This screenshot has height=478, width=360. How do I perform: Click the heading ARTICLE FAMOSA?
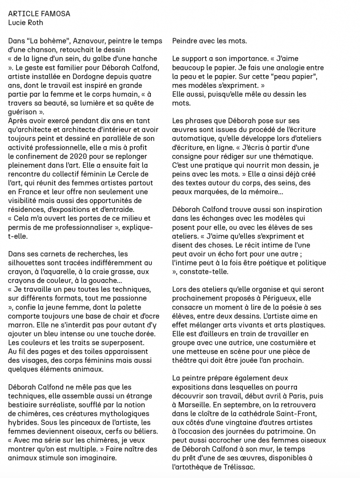[39, 14]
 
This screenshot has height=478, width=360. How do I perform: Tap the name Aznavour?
[62, 41]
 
